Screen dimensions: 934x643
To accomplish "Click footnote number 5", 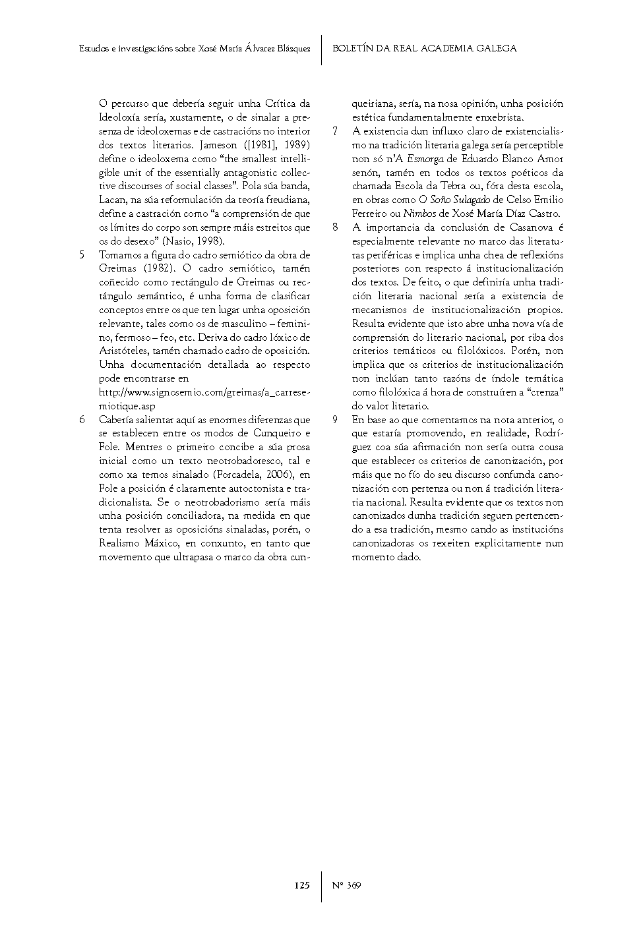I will pos(82,254).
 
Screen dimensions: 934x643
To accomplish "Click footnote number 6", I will pos(82,419).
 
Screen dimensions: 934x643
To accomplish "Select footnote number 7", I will pos(335,131).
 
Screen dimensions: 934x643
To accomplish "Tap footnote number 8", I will pos(335,227).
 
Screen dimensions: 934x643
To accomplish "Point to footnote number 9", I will pos(335,419).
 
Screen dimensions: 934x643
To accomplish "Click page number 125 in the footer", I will pos(302,885).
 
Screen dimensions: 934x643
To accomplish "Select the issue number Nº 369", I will pos(346,885).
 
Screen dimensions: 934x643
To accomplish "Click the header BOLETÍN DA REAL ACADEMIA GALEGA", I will pos(425,48).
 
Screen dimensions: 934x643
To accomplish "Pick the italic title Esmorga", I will pos(425,159).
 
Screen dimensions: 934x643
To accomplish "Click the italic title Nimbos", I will pos(419,214).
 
